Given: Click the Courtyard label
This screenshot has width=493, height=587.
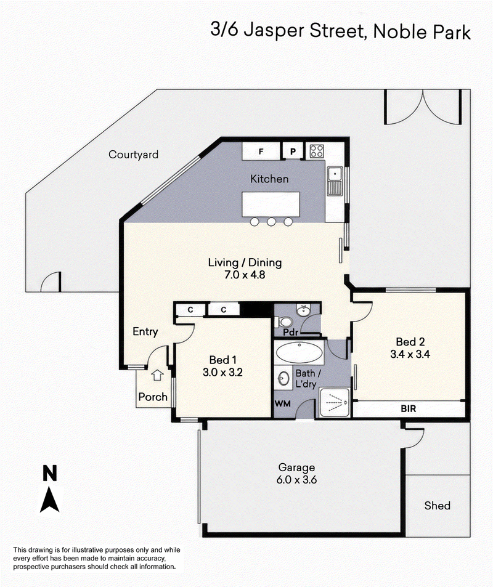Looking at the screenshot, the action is click(x=133, y=155).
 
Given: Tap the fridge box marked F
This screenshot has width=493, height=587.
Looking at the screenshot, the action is click(x=261, y=152).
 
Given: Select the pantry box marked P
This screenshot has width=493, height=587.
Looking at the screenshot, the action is click(x=293, y=152).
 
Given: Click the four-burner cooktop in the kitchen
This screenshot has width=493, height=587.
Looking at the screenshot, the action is click(x=317, y=152).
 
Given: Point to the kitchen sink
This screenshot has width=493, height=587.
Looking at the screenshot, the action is click(x=335, y=181).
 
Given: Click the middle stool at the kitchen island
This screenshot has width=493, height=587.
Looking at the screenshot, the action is click(x=271, y=222).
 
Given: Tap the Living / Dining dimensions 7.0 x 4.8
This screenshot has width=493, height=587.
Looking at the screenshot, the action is click(x=245, y=275).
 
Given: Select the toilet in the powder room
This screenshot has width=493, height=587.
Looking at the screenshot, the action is click(x=283, y=322).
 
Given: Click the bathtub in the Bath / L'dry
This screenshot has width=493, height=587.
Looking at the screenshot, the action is click(x=299, y=352).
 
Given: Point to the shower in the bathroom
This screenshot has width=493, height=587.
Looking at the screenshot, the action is click(x=335, y=402).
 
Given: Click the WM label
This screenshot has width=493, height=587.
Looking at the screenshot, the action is click(x=282, y=403).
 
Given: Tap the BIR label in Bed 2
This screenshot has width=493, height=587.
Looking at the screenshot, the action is click(x=409, y=409).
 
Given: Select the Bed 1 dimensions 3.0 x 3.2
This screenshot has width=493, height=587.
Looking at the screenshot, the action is click(x=222, y=373).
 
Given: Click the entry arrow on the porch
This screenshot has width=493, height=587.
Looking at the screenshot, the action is click(x=157, y=375).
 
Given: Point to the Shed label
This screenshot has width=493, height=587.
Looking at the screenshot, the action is click(x=437, y=506).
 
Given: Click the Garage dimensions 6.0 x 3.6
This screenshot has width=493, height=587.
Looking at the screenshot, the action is click(x=296, y=480).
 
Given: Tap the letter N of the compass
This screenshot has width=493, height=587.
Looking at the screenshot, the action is click(x=49, y=473).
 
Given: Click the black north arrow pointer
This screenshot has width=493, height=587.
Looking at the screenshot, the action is click(x=49, y=500).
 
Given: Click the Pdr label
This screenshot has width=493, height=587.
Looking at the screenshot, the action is click(x=291, y=332).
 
